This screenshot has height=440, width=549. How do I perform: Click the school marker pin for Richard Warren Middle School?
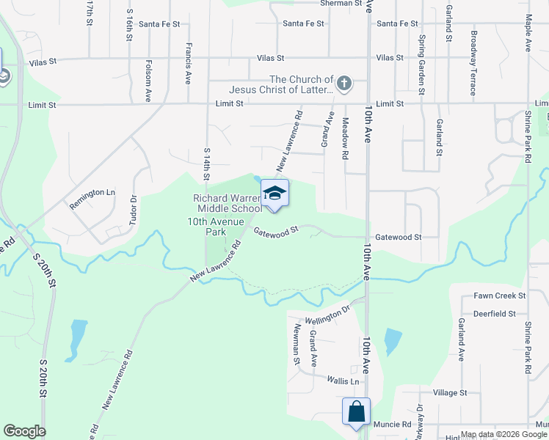click(x=274, y=194)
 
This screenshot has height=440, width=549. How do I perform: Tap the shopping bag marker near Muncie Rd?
click(x=356, y=411)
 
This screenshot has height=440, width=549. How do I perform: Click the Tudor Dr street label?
click(x=134, y=208)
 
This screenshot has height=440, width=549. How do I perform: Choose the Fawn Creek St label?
click(x=500, y=296)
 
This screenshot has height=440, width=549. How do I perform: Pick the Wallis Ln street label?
click(x=344, y=381)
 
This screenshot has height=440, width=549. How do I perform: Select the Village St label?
click(x=450, y=393)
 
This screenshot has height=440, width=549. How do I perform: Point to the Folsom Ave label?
click(x=148, y=80)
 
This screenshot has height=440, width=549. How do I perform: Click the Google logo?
click(x=24, y=430)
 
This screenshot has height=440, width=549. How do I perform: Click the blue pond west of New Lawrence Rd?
click(x=76, y=340)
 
